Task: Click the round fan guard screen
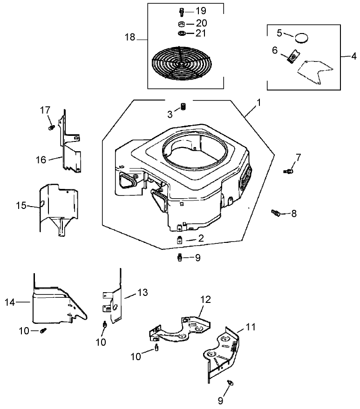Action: point(181,63)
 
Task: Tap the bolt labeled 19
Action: point(181,12)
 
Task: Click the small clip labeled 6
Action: point(292,57)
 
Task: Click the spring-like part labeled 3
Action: point(183,107)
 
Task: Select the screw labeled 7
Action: point(288,171)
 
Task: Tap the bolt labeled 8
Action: point(276,213)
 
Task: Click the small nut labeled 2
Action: point(180,240)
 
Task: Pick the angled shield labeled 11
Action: point(224,354)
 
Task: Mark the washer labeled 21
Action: point(182,34)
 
